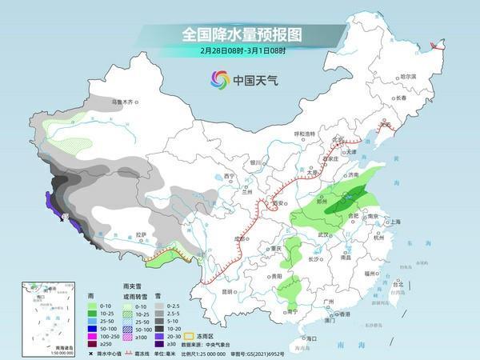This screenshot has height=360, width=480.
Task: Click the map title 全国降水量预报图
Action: pos(240,36)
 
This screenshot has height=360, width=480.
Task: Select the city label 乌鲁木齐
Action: pos(126,102)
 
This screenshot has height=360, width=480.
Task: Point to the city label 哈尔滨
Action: pos(409,76)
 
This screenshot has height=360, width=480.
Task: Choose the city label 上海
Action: pos(394,221)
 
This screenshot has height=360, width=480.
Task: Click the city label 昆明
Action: pos(207,291)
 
